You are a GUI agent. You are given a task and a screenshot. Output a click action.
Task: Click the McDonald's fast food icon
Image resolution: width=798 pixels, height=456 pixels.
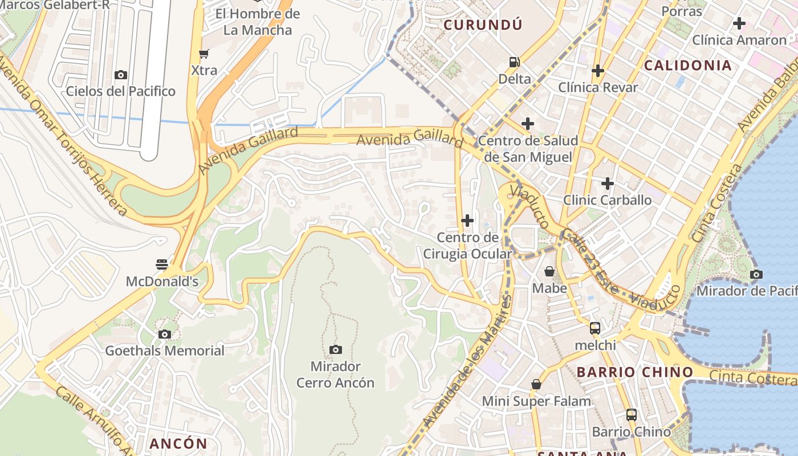tap(162, 264)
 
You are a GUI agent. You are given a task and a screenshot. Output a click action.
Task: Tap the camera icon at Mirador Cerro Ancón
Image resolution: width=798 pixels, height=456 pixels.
tap(336, 349)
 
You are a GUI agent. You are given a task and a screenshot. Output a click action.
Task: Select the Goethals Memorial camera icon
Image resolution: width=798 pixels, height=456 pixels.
tap(165, 334)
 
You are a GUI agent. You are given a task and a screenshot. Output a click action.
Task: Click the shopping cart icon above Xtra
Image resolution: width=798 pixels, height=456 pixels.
tap(203, 54)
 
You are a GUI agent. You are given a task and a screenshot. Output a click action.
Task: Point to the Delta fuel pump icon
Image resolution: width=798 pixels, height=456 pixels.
tap(514, 62)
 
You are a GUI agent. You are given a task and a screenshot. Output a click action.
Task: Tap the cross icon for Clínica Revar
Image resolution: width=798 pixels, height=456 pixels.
tap(597, 71)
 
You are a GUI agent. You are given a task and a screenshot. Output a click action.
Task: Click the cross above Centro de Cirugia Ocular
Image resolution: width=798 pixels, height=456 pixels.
tap(467, 221)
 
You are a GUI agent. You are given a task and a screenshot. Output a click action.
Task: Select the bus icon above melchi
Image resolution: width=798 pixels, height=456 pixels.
tap(595, 328)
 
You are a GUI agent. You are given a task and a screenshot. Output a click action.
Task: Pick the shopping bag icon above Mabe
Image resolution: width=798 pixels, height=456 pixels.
tap(549, 271)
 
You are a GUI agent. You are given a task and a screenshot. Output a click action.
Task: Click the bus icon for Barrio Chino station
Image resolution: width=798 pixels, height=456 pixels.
tap(631, 415)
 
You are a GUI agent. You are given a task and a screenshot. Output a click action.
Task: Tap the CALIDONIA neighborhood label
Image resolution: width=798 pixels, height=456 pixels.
tap(687, 66)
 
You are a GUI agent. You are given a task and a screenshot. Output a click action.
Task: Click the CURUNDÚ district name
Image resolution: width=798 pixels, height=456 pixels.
tap(483, 25)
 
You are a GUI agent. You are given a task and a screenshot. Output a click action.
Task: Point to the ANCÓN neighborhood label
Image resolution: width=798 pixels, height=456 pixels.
tap(178, 443)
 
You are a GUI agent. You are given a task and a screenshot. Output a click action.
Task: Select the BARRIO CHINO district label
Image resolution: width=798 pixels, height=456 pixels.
tap(634, 372)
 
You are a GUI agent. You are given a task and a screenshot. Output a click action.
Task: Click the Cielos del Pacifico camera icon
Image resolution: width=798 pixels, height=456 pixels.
tap(120, 75)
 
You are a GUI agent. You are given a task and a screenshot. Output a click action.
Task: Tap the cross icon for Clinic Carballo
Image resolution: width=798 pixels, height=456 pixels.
tap(607, 184)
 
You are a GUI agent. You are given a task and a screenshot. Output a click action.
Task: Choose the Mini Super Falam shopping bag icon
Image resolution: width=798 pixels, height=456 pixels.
tap(536, 384)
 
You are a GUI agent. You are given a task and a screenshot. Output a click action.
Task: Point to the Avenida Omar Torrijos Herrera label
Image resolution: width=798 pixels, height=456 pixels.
tap(63, 137)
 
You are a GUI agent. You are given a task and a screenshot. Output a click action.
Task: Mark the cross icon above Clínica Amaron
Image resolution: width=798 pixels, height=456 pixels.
tap(739, 23)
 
